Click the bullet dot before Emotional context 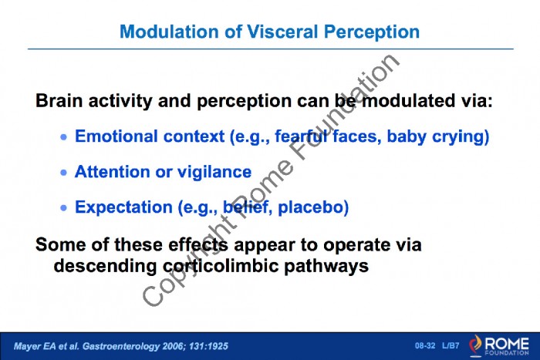point(64,137)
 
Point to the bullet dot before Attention point(64,173)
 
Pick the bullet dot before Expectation point(64,208)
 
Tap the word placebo point(313,207)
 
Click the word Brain point(59,101)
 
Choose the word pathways point(326,267)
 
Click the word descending point(106,267)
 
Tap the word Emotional point(116,136)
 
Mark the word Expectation point(124,207)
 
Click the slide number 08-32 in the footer point(425,345)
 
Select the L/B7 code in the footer point(451,345)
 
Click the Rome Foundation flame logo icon point(476,345)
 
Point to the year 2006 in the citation point(170,346)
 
